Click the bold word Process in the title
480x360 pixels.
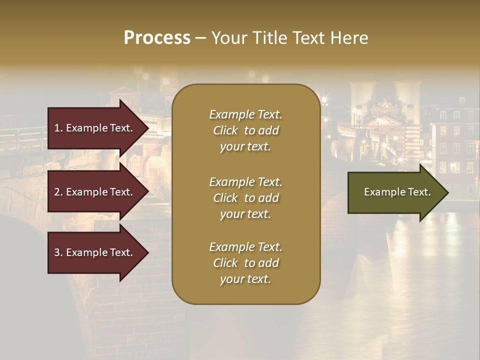tap(157, 38)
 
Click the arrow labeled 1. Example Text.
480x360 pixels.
tap(95, 128)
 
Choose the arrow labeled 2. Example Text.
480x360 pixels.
tap(95, 192)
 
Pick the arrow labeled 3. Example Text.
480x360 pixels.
tap(95, 252)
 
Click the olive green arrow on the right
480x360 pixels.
tap(395, 192)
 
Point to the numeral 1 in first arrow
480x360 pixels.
tap(57, 128)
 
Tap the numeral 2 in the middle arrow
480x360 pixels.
tap(57, 192)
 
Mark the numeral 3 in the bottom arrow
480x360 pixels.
tap(57, 252)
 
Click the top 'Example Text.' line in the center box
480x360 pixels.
tap(245, 114)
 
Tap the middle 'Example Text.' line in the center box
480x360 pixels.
tap(245, 182)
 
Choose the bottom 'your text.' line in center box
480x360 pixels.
tap(245, 279)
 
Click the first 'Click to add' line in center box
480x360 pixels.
tap(245, 130)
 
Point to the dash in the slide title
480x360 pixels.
tap(200, 38)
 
